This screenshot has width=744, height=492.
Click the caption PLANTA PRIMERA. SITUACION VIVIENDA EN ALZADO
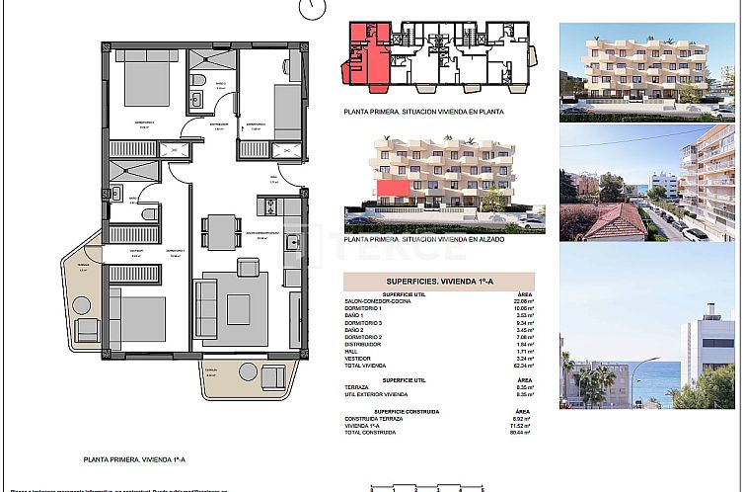[x=423, y=239]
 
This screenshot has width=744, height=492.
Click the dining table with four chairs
[x=220, y=231]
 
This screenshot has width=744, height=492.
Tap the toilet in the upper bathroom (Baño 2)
[x=197, y=80]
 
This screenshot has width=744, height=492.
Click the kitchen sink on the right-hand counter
[x=292, y=243]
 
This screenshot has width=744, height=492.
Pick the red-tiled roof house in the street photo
[x=615, y=221]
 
